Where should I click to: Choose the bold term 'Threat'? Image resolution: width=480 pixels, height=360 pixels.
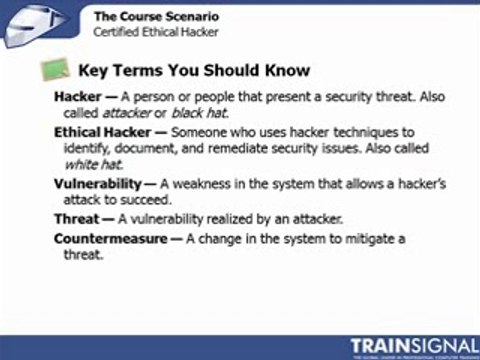point(76,218)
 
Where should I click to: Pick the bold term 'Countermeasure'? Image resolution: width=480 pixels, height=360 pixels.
point(111,239)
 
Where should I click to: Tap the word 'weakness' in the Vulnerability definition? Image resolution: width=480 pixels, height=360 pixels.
point(221,183)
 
